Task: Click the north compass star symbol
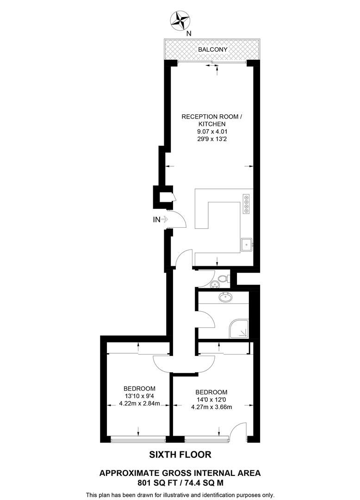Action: [180, 20]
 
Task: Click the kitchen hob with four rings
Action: [246, 205]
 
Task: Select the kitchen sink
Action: [246, 244]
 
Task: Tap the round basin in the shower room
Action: [226, 297]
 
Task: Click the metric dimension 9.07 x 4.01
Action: [211, 132]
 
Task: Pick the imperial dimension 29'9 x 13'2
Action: [211, 140]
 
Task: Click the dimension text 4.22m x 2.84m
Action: [139, 403]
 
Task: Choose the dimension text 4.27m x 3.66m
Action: [211, 407]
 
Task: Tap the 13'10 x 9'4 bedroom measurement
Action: [139, 396]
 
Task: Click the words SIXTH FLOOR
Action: [180, 455]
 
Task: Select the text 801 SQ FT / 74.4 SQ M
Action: [180, 482]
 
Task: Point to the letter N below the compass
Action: [188, 33]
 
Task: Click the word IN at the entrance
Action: [156, 220]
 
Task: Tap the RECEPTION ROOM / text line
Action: [211, 117]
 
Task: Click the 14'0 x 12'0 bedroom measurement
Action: [211, 400]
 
